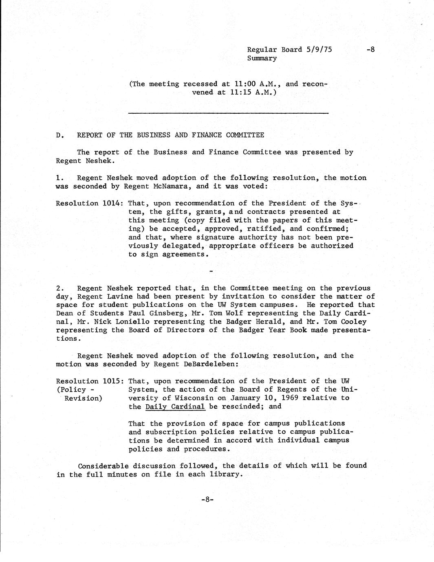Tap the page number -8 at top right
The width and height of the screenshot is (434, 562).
(x=370, y=50)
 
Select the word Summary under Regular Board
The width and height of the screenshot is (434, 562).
(x=262, y=58)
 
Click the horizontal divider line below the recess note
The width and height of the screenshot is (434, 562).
(x=228, y=113)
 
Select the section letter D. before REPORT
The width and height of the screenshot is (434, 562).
(x=60, y=135)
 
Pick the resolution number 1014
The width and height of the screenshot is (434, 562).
(x=113, y=203)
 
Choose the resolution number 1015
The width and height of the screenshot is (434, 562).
(x=113, y=381)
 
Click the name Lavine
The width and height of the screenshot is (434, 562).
(x=122, y=297)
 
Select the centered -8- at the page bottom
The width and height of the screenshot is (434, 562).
(x=207, y=499)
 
